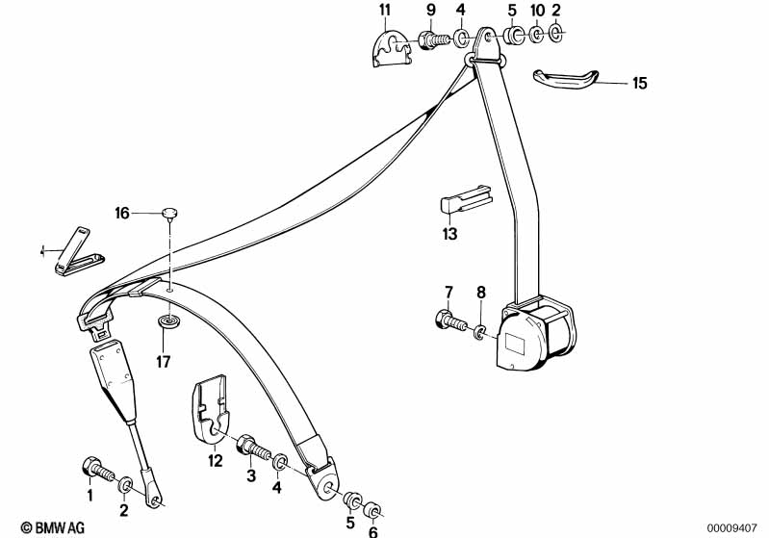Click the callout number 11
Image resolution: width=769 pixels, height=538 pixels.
385,11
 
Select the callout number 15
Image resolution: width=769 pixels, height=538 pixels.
640,84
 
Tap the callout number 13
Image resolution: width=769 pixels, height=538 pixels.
449,233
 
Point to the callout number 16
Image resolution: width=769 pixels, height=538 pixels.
121,213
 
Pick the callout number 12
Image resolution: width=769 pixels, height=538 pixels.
216,461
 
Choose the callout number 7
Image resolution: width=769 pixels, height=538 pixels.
448,292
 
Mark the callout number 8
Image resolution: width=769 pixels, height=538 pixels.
481,292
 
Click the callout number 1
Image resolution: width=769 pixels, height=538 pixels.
90,497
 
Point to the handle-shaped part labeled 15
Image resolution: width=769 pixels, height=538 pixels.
565,79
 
